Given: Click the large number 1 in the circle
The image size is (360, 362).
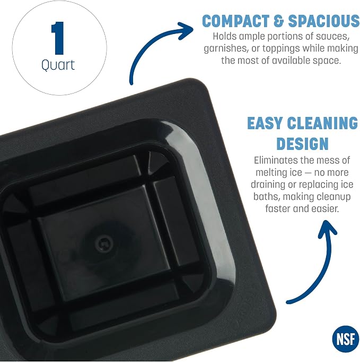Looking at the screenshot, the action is click(57, 38).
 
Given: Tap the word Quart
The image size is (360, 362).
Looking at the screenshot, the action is click(58, 65).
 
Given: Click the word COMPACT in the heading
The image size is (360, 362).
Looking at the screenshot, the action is click(235, 21).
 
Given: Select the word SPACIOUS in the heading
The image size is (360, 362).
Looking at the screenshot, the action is click(324, 21).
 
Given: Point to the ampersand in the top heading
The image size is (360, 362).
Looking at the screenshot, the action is click(279, 21).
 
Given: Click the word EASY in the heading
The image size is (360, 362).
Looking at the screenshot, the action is click(265, 123).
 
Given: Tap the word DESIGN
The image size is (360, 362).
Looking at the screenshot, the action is click(302, 144).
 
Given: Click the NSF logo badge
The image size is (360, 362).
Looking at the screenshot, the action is click(346, 339).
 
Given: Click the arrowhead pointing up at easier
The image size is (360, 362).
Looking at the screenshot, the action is click(327, 229).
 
